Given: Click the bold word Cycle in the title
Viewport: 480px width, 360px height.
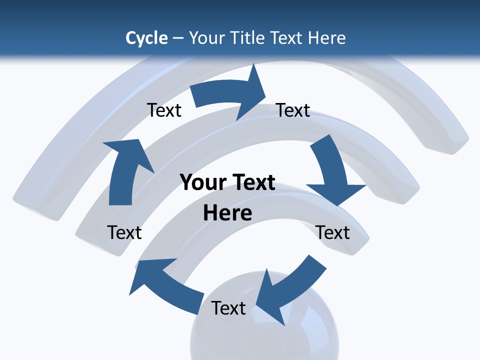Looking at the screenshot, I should click(x=146, y=38).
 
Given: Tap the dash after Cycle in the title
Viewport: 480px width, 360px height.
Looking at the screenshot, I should click(x=178, y=38).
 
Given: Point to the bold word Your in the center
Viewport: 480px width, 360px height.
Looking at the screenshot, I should click(x=200, y=182).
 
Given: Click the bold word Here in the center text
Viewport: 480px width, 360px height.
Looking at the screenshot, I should click(x=227, y=213).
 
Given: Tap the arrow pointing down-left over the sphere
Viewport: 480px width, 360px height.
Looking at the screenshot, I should click(x=290, y=290).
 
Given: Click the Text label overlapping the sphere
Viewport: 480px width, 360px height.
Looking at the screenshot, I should click(x=228, y=308).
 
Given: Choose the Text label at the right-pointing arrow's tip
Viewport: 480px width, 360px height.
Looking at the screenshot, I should click(x=293, y=110).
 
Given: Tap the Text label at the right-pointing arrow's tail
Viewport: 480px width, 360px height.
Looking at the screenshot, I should click(x=164, y=110).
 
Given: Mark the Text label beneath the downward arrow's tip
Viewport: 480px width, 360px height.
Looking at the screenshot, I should click(x=332, y=232).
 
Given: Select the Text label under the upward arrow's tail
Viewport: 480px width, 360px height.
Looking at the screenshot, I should click(x=124, y=232).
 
